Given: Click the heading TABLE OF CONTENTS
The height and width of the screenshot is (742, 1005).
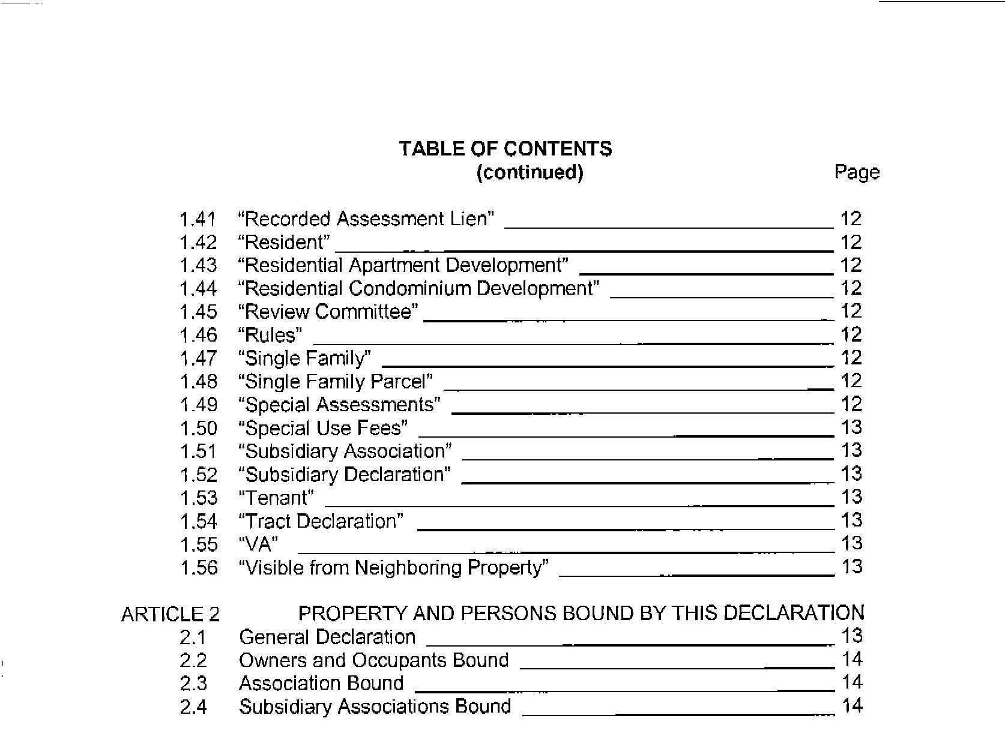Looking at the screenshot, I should click(506, 149).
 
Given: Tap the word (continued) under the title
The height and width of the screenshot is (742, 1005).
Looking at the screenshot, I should click(530, 172).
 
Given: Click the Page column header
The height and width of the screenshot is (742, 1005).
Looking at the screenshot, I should click(857, 172).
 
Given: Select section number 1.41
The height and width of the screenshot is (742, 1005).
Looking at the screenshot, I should click(198, 219).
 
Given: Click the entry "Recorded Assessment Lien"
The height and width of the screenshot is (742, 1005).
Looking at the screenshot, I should click(366, 219).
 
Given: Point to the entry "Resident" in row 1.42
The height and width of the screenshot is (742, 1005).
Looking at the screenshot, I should click(284, 243).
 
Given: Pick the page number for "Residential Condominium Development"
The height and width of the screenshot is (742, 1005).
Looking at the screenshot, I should click(851, 288).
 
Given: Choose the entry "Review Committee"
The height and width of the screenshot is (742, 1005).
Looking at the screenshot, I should click(328, 312).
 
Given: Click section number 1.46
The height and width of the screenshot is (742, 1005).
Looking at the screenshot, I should click(198, 335).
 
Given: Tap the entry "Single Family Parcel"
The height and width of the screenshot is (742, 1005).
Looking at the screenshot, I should click(335, 382).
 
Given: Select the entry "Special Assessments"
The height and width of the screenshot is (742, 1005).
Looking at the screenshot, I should click(339, 405).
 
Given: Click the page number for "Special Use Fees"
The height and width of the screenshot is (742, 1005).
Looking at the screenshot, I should click(851, 427).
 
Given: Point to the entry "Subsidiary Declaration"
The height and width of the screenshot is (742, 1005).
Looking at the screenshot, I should click(344, 475).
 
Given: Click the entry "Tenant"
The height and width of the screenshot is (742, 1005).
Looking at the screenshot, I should click(276, 498).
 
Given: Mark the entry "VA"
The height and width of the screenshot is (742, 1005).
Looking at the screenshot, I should click(258, 544).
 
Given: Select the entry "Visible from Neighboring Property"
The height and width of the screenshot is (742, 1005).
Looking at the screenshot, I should click(393, 568).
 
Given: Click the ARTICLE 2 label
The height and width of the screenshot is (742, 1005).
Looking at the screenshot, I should click(171, 614).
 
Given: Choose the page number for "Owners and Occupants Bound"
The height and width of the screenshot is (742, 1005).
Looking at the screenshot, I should click(851, 660).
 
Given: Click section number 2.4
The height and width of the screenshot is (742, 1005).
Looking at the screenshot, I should click(193, 707).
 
